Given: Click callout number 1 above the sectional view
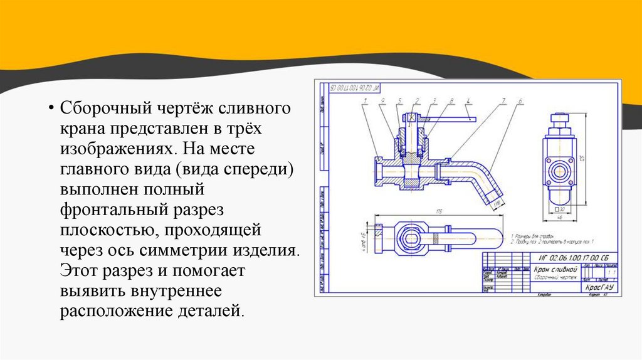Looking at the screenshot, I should [365, 100].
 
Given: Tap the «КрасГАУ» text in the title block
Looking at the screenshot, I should [597, 287].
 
